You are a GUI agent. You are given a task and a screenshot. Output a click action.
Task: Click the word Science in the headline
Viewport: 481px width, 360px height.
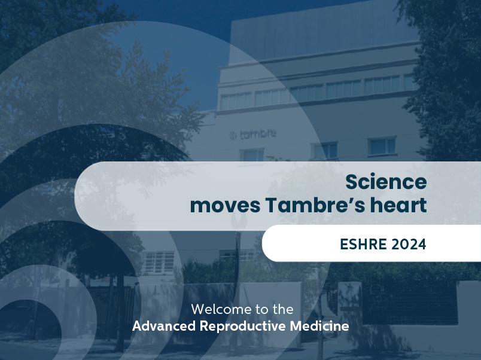pos(386,182)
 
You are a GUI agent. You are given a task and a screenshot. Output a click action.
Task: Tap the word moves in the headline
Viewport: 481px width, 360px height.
pos(225,206)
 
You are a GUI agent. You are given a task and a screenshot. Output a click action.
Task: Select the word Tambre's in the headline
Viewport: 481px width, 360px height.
pos(315,205)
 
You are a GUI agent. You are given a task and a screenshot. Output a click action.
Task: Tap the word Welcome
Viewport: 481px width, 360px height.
pos(220,309)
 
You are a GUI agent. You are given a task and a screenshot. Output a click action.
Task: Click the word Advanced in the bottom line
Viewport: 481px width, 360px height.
pos(164,326)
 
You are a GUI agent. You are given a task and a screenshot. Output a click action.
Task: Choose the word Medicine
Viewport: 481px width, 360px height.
pos(319,326)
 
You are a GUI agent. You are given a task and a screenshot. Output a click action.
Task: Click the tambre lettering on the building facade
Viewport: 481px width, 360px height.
pos(258,134)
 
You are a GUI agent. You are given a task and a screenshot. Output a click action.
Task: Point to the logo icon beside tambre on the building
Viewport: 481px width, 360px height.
pos(233,135)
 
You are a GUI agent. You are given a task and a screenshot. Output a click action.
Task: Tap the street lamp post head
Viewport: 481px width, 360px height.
pos(239,221)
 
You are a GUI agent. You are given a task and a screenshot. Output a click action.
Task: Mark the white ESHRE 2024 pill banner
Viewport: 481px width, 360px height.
pos(372,243)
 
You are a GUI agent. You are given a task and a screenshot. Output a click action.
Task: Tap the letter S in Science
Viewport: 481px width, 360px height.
pos(352,182)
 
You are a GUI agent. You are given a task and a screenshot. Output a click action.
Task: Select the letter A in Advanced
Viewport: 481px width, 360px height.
pos(138,326)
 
